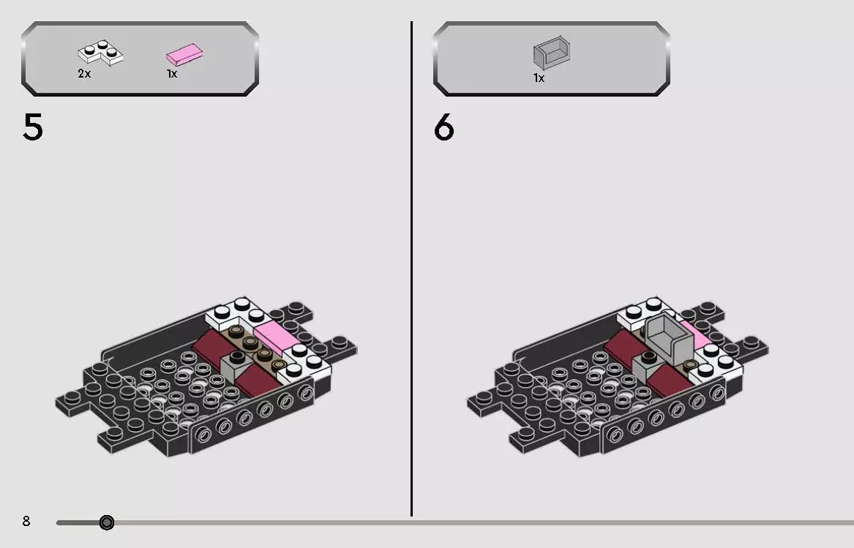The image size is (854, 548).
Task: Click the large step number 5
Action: point(33,127)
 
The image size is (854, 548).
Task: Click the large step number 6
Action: point(444,128)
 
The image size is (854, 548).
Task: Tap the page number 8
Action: point(26,521)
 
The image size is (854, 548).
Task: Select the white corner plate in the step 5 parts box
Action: point(100,53)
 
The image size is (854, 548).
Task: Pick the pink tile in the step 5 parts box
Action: point(184,53)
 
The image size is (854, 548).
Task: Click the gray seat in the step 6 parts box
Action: point(551,53)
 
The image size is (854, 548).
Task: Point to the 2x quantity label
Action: point(84,74)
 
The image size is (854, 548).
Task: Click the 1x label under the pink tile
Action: point(172,74)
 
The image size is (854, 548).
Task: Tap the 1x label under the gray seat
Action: point(539,78)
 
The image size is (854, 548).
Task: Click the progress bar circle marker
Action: point(107,522)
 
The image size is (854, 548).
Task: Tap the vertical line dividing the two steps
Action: point(411,271)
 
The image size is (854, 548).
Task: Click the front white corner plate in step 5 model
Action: point(306,360)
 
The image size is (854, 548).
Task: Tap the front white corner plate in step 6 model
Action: point(718,360)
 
